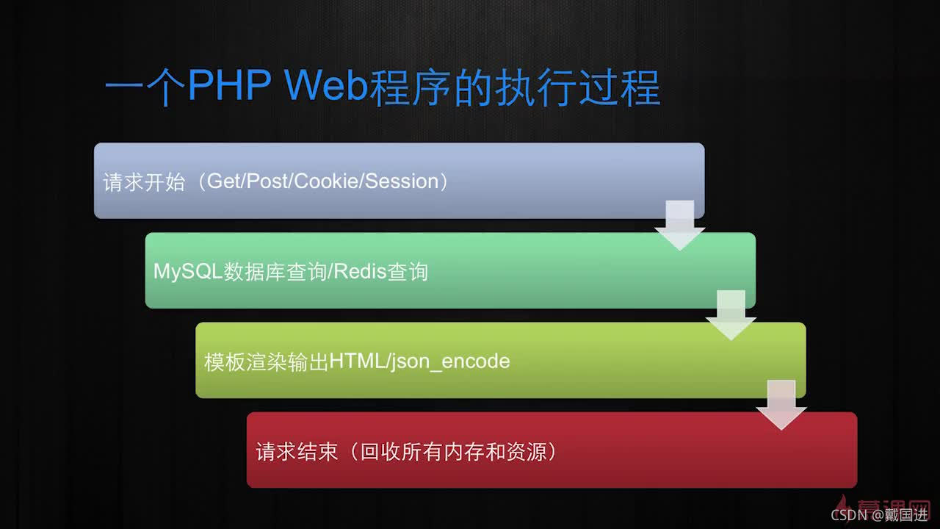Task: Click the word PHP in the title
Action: tap(228, 87)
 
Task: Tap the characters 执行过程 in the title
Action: tap(576, 88)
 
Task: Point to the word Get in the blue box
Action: tap(224, 181)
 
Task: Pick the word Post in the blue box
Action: tap(267, 181)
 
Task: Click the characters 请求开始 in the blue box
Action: tap(144, 182)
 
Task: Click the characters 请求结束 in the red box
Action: tap(297, 452)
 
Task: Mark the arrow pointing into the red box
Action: tap(781, 404)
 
